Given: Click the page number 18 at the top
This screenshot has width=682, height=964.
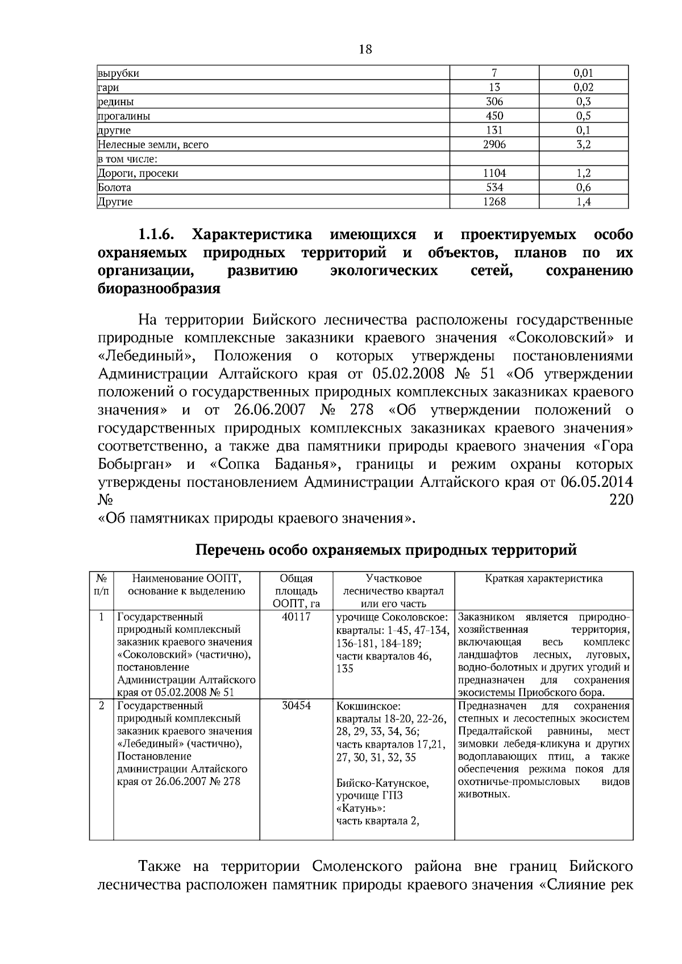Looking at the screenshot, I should click(365, 49).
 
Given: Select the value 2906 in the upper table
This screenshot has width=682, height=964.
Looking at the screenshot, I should click(494, 144).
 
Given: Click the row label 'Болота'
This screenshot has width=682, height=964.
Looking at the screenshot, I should click(115, 187).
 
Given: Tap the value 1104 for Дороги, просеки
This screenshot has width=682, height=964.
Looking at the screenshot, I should click(494, 173).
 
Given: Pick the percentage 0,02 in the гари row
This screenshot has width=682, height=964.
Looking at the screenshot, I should click(583, 87).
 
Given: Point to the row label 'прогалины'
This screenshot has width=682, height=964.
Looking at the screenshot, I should click(124, 116).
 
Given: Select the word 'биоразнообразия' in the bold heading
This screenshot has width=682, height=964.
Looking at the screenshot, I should click(159, 289).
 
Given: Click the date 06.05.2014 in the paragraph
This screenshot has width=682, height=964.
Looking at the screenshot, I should click(596, 482).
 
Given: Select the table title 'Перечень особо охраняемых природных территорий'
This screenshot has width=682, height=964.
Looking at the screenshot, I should click(386, 549).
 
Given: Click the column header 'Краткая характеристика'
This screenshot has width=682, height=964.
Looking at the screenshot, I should click(544, 579).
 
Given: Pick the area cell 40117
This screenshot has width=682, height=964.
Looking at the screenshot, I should click(296, 617).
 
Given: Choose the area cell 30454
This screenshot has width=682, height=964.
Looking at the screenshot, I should click(296, 706).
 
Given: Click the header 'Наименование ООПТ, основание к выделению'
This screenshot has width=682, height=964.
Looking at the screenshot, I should click(186, 585).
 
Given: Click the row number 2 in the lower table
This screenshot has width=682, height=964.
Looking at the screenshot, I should click(101, 706).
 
